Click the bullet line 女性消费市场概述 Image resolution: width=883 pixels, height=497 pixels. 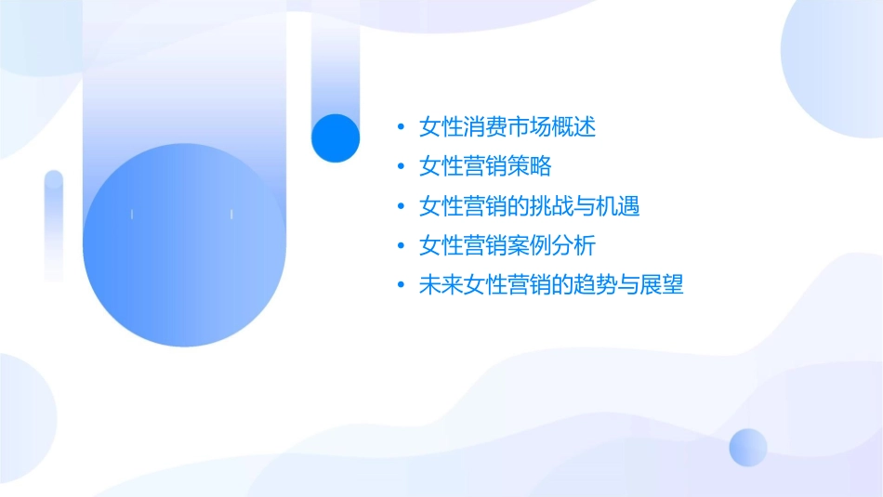(x=507, y=126)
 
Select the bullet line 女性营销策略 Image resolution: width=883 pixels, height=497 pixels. (x=485, y=166)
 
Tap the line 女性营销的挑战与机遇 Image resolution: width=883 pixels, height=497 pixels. (x=530, y=206)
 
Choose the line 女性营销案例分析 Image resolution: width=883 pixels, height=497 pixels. (x=507, y=246)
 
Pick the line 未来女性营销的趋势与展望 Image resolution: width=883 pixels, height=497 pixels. (x=551, y=286)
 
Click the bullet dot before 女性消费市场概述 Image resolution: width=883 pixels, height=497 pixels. (x=401, y=127)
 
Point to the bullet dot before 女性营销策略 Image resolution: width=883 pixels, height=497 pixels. (x=401, y=167)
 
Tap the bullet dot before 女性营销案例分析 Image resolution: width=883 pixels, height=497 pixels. (x=401, y=247)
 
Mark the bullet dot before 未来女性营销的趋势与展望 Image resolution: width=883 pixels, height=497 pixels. (x=401, y=287)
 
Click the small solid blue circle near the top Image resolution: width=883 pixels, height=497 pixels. (x=336, y=137)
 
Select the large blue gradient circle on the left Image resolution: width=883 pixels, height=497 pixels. (x=184, y=245)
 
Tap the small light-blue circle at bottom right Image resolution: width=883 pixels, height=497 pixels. (x=748, y=447)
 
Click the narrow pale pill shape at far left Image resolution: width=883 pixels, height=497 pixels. (x=54, y=224)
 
